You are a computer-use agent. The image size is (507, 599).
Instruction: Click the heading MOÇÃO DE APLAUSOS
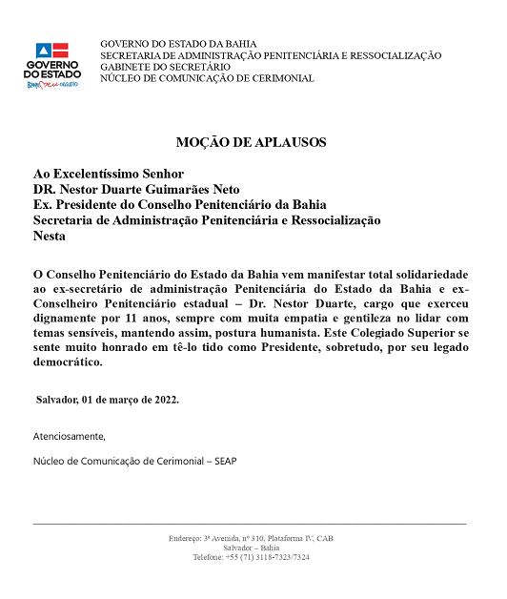[252, 142]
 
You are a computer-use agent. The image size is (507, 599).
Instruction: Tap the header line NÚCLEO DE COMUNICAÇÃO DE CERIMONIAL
[207, 79]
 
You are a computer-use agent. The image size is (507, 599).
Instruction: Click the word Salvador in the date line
[58, 400]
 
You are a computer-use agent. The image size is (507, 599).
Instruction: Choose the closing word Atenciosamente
[69, 437]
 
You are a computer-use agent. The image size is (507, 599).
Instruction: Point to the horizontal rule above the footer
[250, 524]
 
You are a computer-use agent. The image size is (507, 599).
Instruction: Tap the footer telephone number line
[252, 558]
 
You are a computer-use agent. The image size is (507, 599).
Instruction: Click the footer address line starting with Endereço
[252, 539]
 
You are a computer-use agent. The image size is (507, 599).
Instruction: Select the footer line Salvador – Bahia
[252, 548]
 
